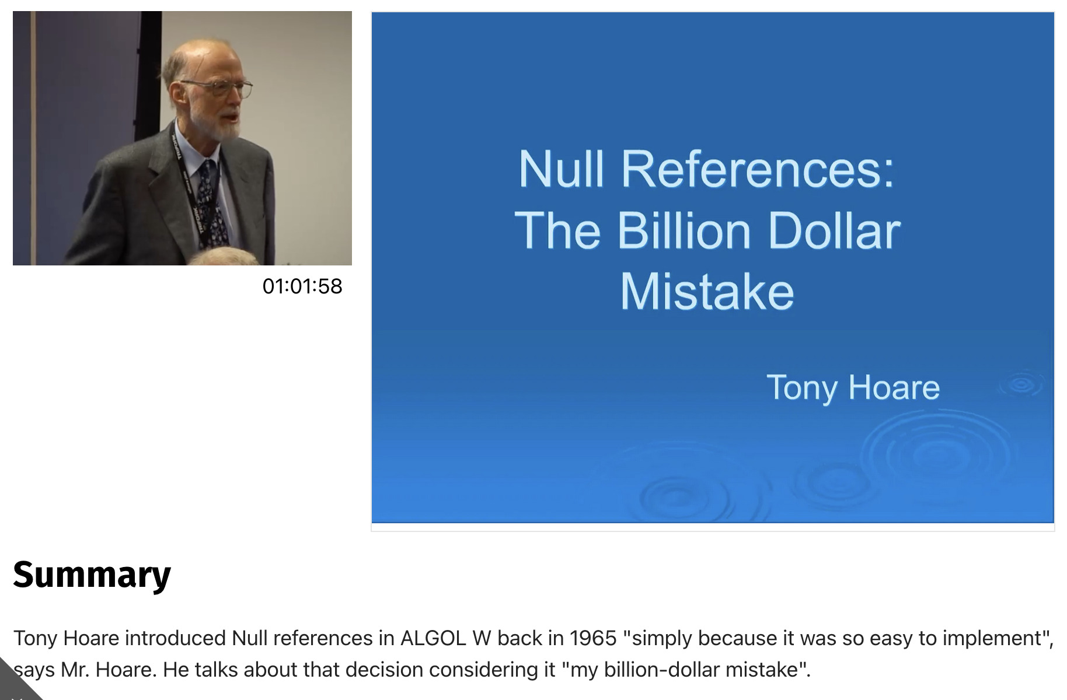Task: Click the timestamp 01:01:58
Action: (x=302, y=286)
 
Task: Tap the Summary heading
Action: (x=92, y=575)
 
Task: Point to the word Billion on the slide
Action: (x=684, y=231)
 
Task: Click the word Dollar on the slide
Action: (x=834, y=231)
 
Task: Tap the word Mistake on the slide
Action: (x=707, y=292)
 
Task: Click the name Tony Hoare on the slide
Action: (x=853, y=388)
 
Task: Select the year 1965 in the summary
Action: (x=592, y=638)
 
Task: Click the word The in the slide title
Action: (x=557, y=231)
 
